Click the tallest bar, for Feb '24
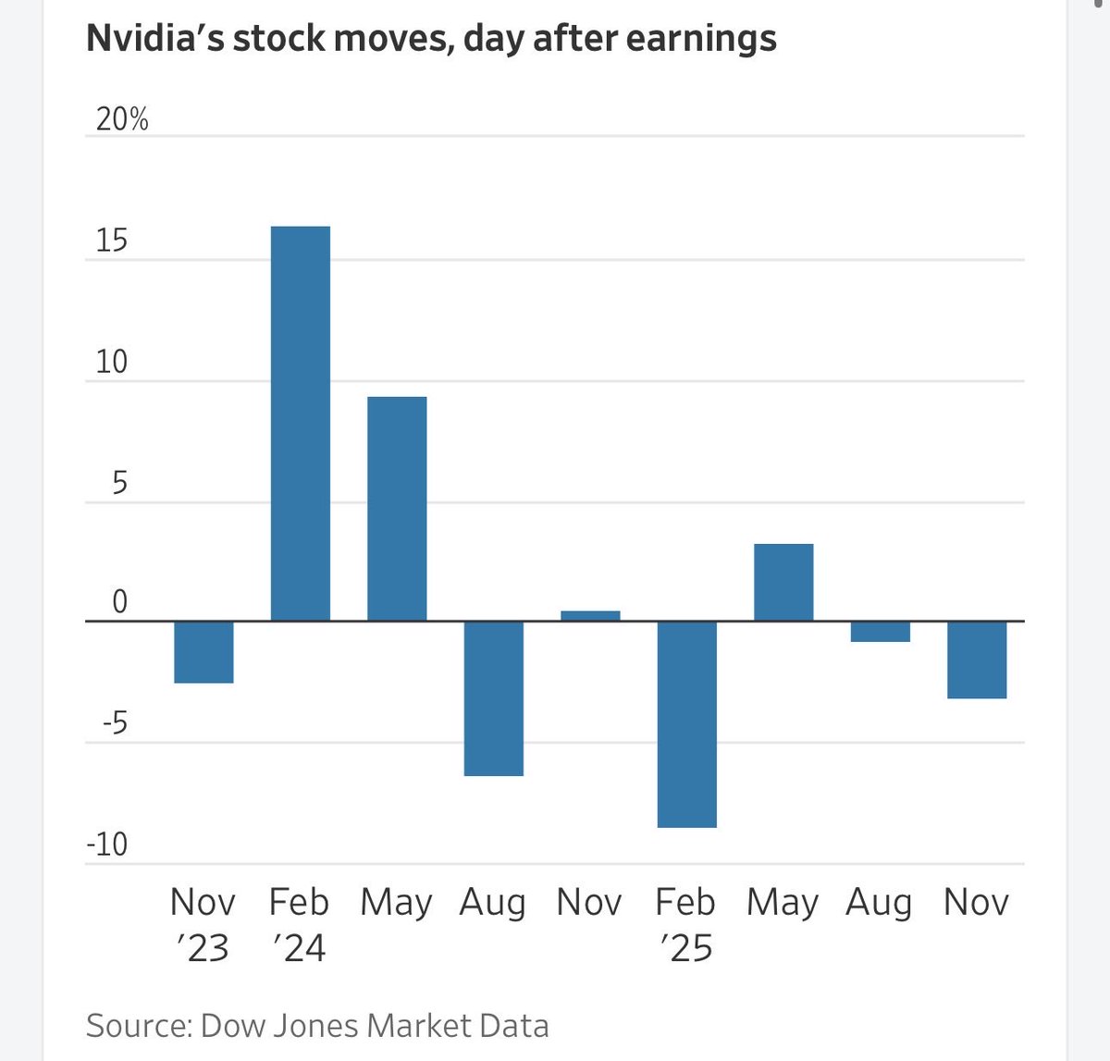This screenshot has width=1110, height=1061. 300,423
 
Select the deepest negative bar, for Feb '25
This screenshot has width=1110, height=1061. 686,723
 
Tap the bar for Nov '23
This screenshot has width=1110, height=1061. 203,652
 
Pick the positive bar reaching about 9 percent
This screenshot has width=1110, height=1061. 397,508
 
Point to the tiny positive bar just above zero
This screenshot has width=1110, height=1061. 590,615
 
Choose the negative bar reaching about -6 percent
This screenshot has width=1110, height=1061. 493,697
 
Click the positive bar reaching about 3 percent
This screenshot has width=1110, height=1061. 783,582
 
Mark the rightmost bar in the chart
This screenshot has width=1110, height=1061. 977,659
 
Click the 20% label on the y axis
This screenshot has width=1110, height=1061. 122,119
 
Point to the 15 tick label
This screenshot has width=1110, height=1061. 112,241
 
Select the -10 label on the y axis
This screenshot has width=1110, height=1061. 106,845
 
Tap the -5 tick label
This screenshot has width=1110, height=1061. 115,723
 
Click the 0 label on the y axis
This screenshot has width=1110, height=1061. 119,602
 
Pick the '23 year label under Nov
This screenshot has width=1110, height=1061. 203,948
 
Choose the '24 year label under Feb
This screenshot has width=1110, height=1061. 300,948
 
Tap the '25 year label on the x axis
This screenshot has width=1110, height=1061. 686,948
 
